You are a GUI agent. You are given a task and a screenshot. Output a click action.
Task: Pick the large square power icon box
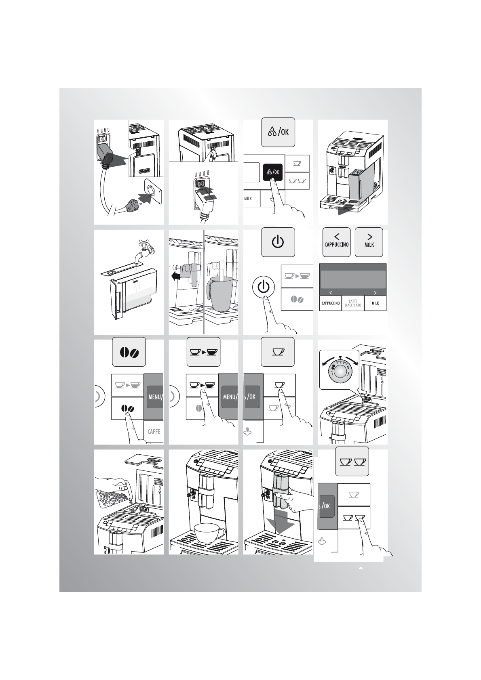pos(278,242)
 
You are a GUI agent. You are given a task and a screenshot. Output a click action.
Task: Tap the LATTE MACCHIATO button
pos(353,303)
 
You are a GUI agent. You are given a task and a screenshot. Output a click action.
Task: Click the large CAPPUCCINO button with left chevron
pos(337,242)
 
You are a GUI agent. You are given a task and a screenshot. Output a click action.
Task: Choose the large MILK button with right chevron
pos(369,242)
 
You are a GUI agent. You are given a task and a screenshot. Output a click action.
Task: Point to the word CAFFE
pos(154,432)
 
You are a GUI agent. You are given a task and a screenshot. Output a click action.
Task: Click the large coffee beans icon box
pos(129,352)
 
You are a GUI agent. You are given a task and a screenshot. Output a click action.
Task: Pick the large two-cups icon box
pos(352,462)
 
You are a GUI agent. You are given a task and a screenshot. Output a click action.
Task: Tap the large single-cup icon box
pos(278,352)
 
